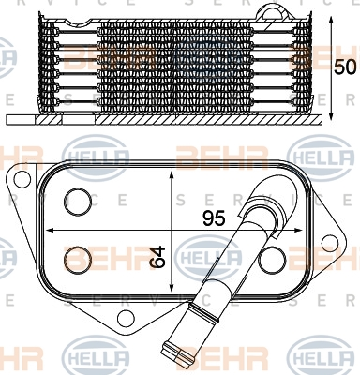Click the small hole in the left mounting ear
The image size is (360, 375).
pyautogui.click(x=20, y=179)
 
